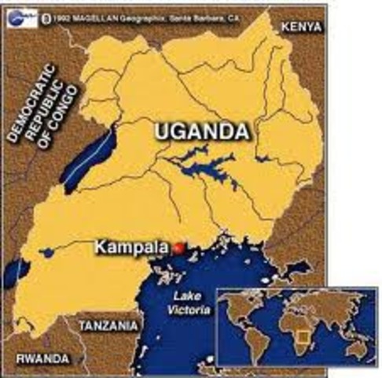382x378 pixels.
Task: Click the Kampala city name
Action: click(130, 247)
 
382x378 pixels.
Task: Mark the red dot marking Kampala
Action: click(178, 248)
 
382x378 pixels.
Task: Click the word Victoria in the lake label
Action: click(188, 311)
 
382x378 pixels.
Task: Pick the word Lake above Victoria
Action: click(186, 298)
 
